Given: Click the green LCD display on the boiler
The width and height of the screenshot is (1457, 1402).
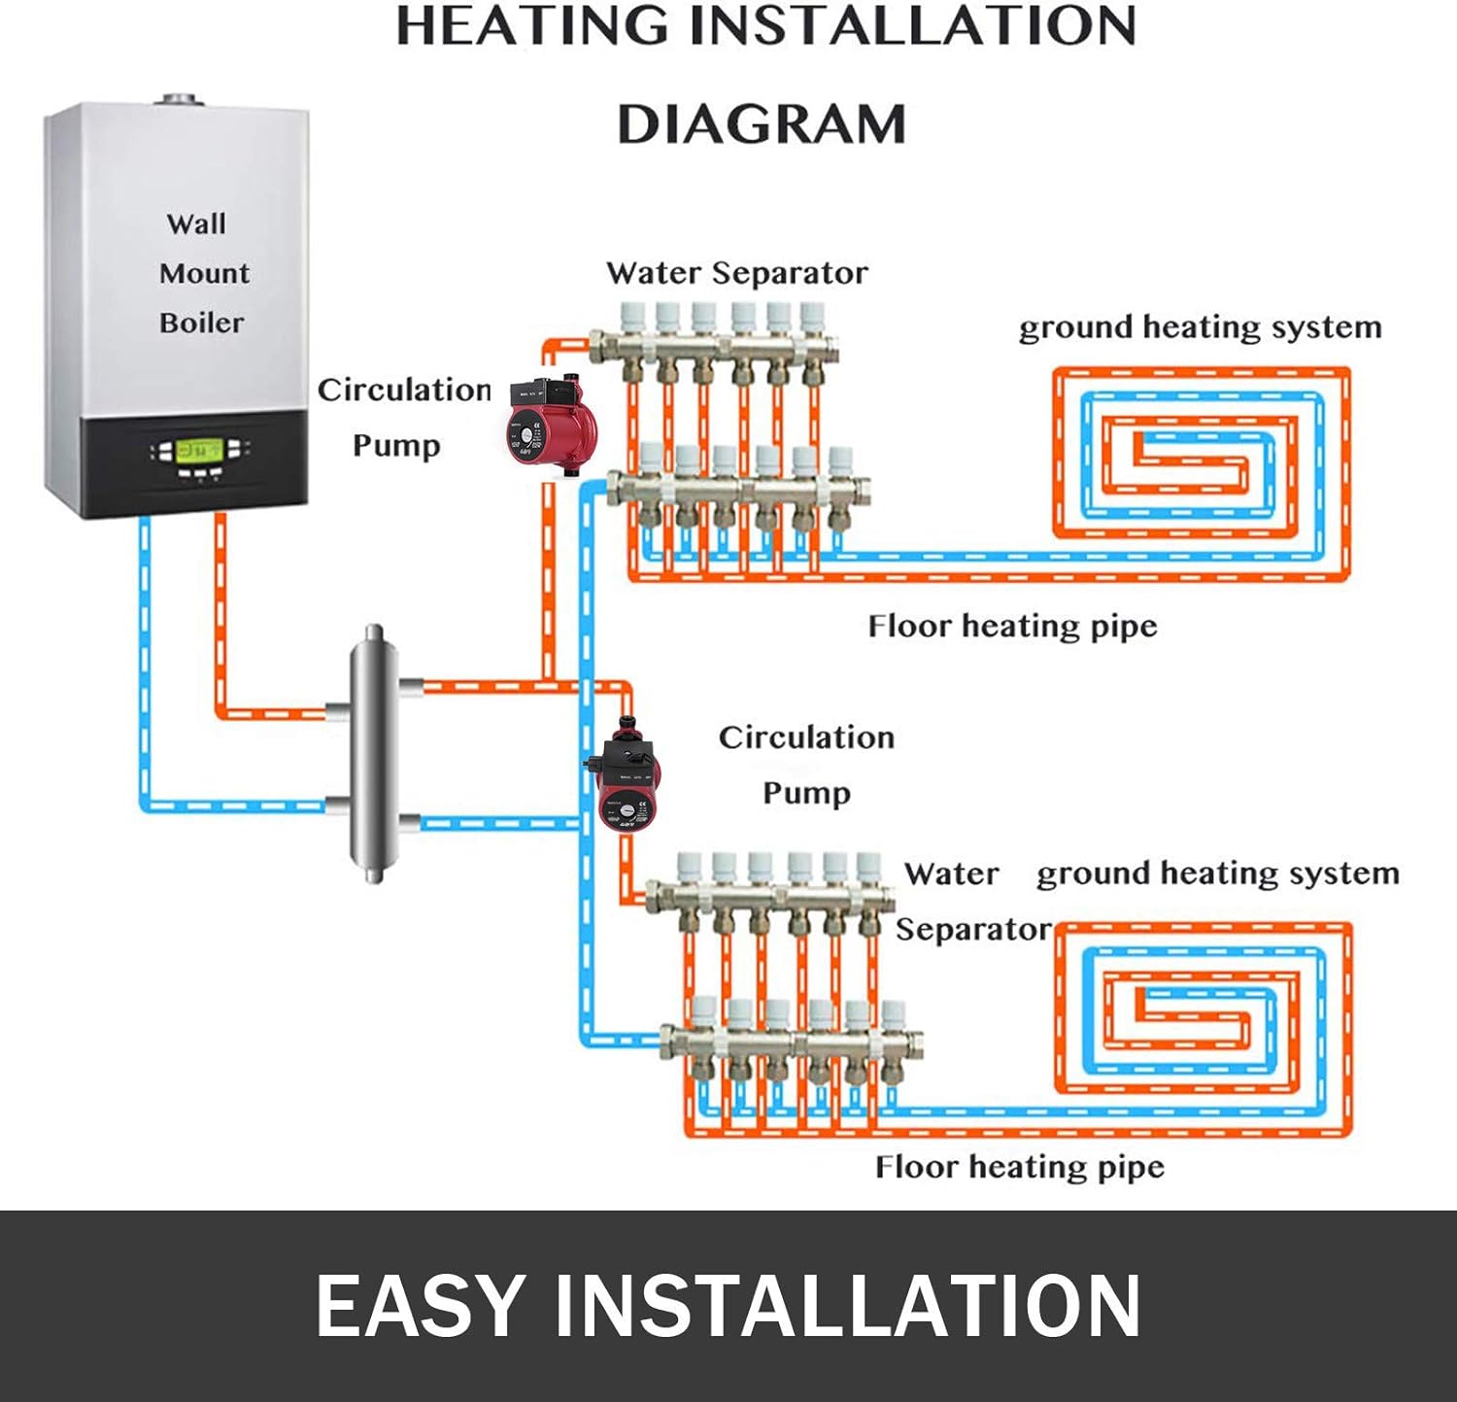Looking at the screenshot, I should click(x=201, y=451).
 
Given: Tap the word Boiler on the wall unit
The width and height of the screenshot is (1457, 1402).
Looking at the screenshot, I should click(x=201, y=323).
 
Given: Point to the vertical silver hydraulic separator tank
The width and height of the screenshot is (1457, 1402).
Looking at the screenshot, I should click(x=374, y=753).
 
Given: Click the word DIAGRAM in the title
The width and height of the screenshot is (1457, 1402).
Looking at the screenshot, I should click(x=762, y=125).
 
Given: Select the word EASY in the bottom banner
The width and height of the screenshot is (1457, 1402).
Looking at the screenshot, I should click(x=420, y=1307).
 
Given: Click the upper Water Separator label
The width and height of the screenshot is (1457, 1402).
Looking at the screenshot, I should click(x=736, y=273).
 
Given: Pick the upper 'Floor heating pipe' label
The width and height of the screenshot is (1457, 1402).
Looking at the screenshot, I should click(x=1012, y=627).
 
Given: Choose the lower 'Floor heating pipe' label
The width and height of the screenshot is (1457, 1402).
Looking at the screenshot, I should click(x=1019, y=1167).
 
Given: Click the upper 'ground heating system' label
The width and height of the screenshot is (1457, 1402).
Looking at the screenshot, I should click(x=1200, y=327).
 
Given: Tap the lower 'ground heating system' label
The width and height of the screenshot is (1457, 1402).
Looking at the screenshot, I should click(x=1217, y=873).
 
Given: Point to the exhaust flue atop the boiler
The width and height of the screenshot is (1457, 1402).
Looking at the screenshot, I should click(x=179, y=100).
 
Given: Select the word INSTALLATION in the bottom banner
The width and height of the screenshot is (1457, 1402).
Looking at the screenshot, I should click(x=847, y=1307).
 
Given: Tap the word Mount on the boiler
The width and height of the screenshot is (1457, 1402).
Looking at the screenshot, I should click(x=204, y=273).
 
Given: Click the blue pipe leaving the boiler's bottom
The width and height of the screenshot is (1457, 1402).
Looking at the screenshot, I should click(x=145, y=632).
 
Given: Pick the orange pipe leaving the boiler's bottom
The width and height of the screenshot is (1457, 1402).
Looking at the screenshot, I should click(x=220, y=612).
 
